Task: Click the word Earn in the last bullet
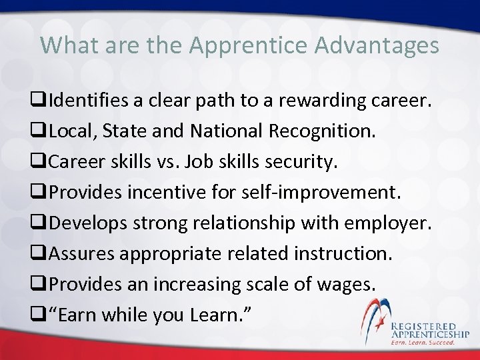(76, 315)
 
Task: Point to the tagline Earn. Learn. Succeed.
(423, 342)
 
